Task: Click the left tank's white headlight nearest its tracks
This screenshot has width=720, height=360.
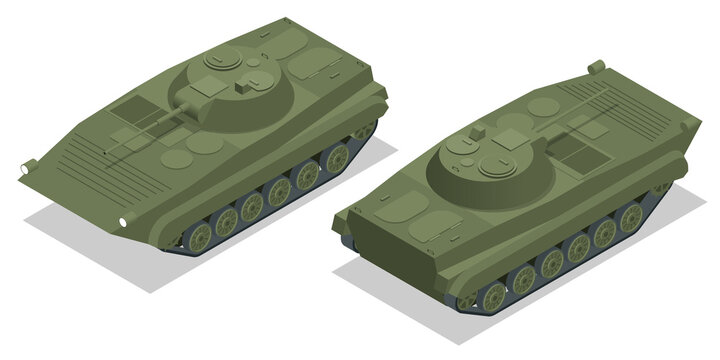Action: (x=123, y=219)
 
